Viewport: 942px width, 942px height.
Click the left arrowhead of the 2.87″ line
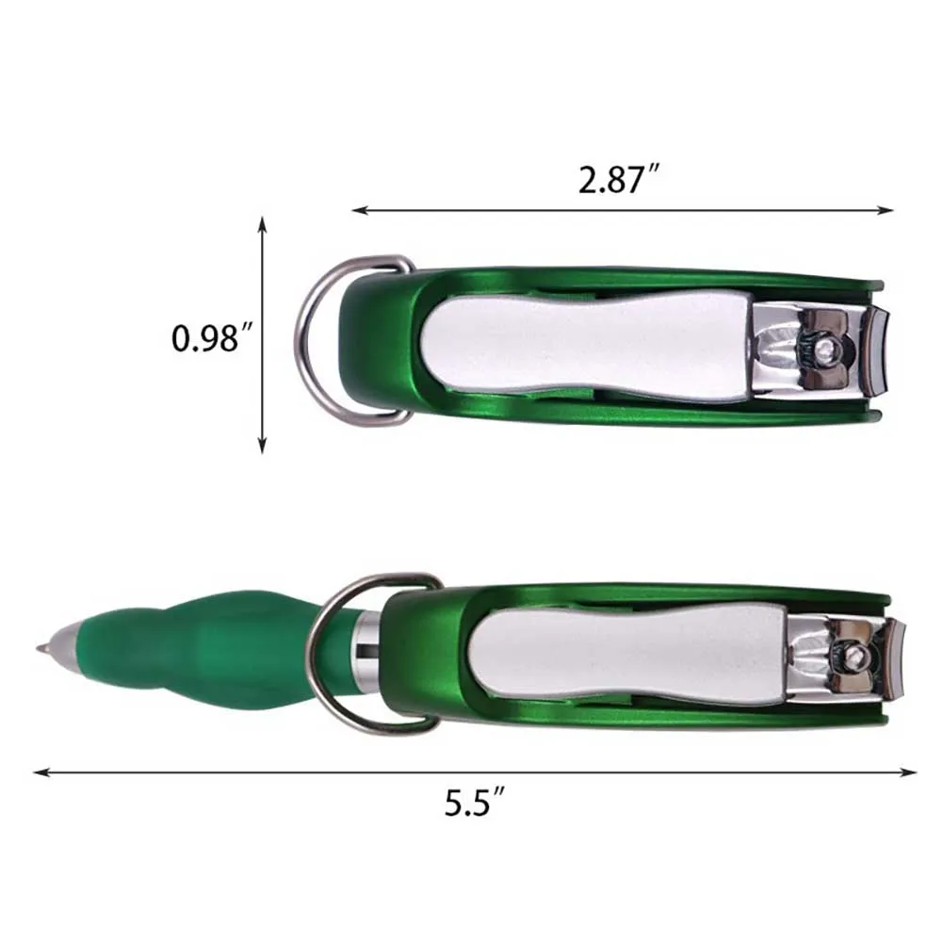[359, 210]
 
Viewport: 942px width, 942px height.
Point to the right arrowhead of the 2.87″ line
[886, 210]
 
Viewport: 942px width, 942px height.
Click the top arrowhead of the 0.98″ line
[262, 224]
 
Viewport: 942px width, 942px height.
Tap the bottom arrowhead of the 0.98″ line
[262, 446]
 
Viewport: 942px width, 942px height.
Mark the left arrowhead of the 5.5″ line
[41, 772]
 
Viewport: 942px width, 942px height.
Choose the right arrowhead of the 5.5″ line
[910, 772]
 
